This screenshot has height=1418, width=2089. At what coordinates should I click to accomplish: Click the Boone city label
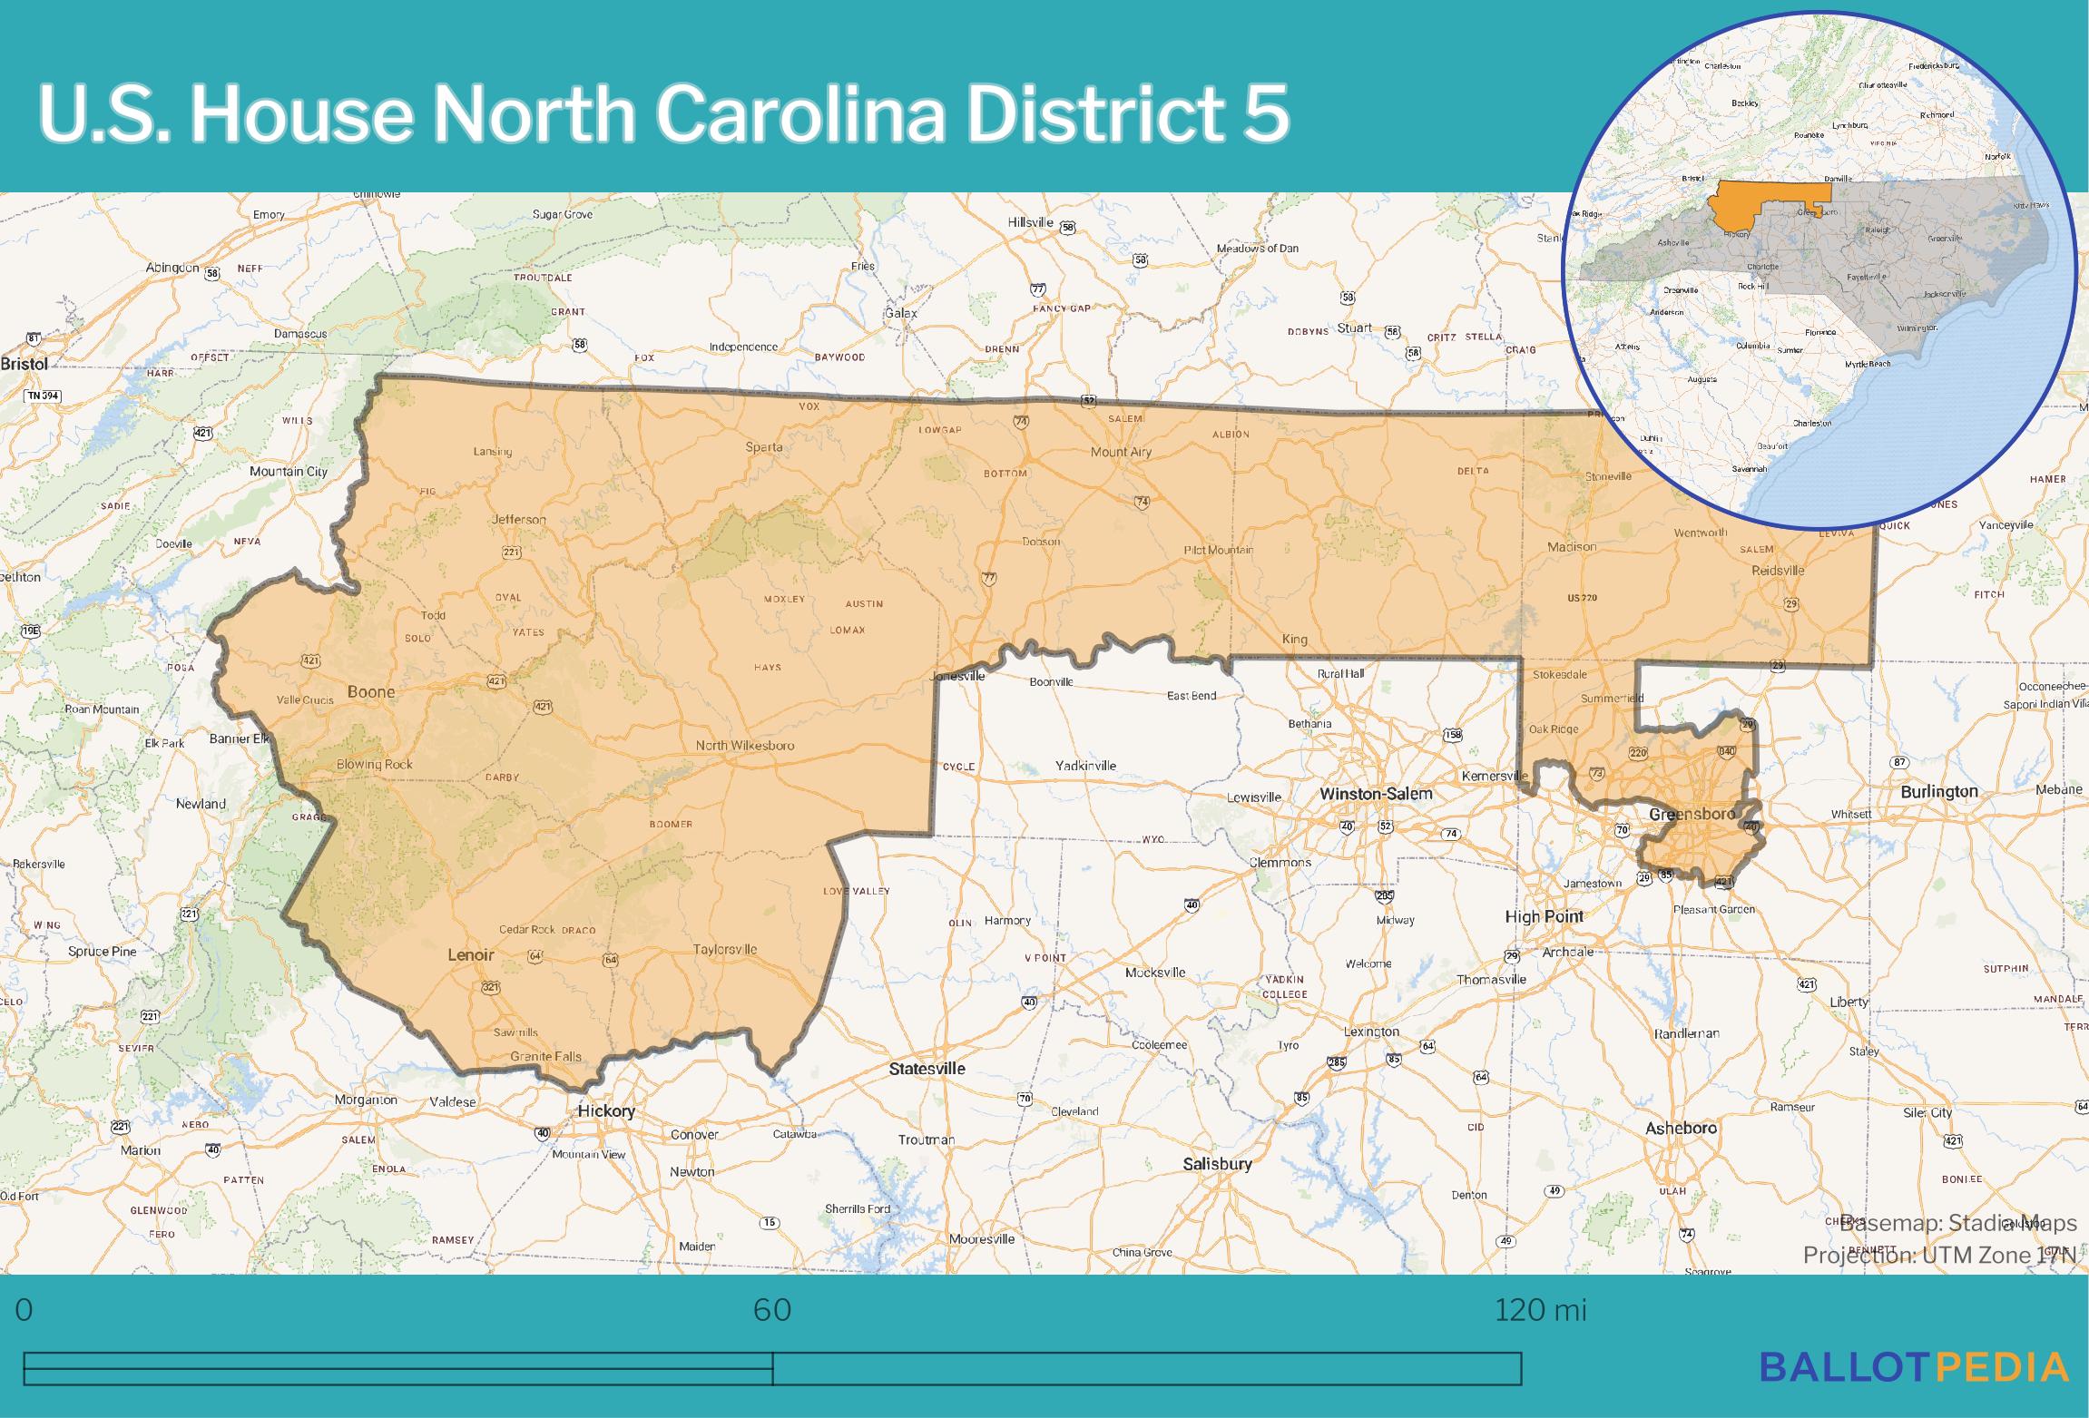371,692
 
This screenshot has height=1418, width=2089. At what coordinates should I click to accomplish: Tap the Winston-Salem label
1376,794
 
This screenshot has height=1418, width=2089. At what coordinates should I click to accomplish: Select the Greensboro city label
1692,814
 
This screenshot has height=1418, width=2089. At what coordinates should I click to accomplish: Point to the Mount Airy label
1121,452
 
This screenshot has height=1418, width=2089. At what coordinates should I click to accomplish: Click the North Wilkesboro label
744,746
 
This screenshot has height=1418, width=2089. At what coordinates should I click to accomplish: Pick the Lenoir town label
471,955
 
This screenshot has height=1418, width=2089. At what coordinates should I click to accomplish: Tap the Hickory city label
606,1111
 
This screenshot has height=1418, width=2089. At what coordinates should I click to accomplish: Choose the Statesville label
927,1069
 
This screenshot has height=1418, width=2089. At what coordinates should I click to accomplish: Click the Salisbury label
1217,1164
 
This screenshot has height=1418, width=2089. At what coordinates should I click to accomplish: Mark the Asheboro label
1681,1129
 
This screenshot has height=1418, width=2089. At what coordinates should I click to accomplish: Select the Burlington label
1939,792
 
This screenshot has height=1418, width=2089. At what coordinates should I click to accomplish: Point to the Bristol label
25,364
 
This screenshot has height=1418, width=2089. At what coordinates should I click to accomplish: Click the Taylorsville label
724,950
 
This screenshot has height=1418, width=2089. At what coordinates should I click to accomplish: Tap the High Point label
1544,916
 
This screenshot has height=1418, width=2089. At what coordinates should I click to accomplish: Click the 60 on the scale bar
772,1310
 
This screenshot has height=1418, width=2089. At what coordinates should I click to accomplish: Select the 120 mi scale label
1540,1310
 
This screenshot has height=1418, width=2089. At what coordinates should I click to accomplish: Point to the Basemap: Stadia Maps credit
1957,1224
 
